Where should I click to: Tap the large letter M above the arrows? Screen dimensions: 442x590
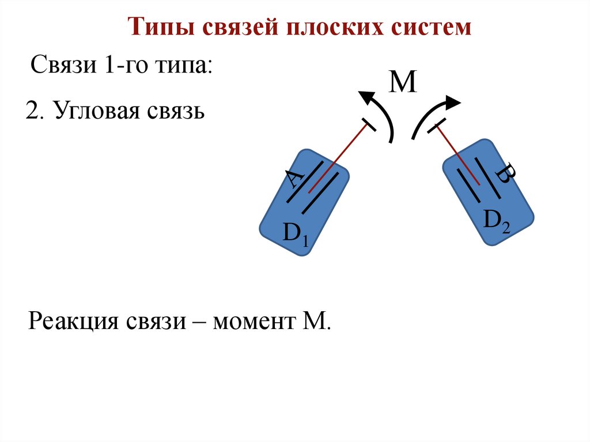coord(403,83)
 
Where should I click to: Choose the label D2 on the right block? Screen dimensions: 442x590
coord(496,221)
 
